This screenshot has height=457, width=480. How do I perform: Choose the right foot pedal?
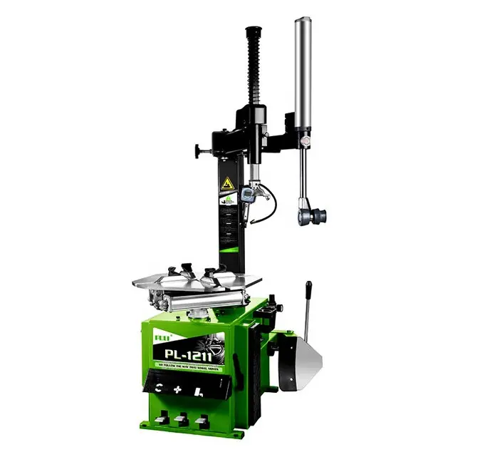(202, 420)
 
